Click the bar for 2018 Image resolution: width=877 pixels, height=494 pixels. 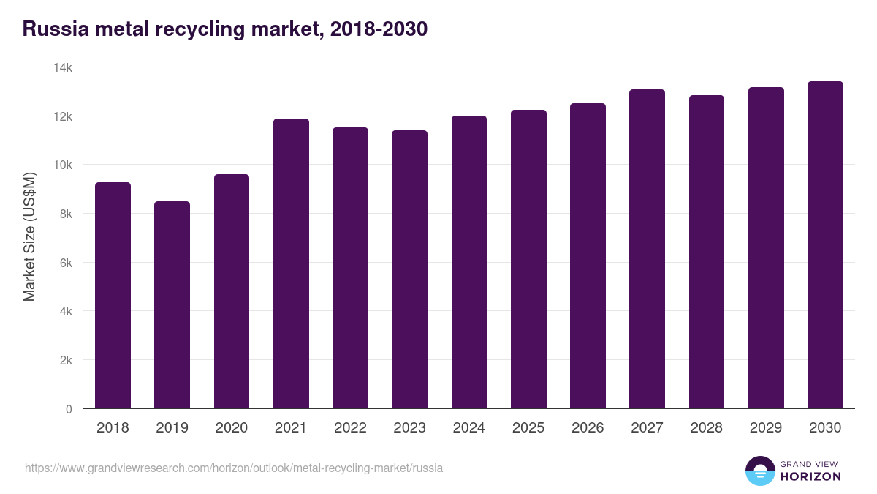pos(113,296)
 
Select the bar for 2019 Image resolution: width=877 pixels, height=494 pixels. pos(172,305)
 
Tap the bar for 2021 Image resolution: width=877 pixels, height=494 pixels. pos(291,263)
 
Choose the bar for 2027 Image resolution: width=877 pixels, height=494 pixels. pos(647,249)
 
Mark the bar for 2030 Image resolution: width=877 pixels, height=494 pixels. pos(825,245)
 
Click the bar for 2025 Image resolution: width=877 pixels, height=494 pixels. pos(528,259)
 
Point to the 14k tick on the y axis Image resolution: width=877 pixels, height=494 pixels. pos(63,67)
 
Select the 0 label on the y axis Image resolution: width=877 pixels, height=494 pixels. pos(69,409)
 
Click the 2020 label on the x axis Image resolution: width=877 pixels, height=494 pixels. pos(231,428)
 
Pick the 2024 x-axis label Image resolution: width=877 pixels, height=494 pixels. pos(468,428)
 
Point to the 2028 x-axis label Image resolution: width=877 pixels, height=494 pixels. pos(706,428)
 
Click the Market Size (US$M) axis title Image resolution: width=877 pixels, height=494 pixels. pos(29,237)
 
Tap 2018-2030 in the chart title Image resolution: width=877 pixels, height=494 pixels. pos(378,29)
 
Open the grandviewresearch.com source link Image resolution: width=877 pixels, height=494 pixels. pos(234,468)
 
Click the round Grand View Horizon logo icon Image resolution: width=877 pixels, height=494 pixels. pos(759,471)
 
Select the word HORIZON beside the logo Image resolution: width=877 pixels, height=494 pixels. pos(810,476)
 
